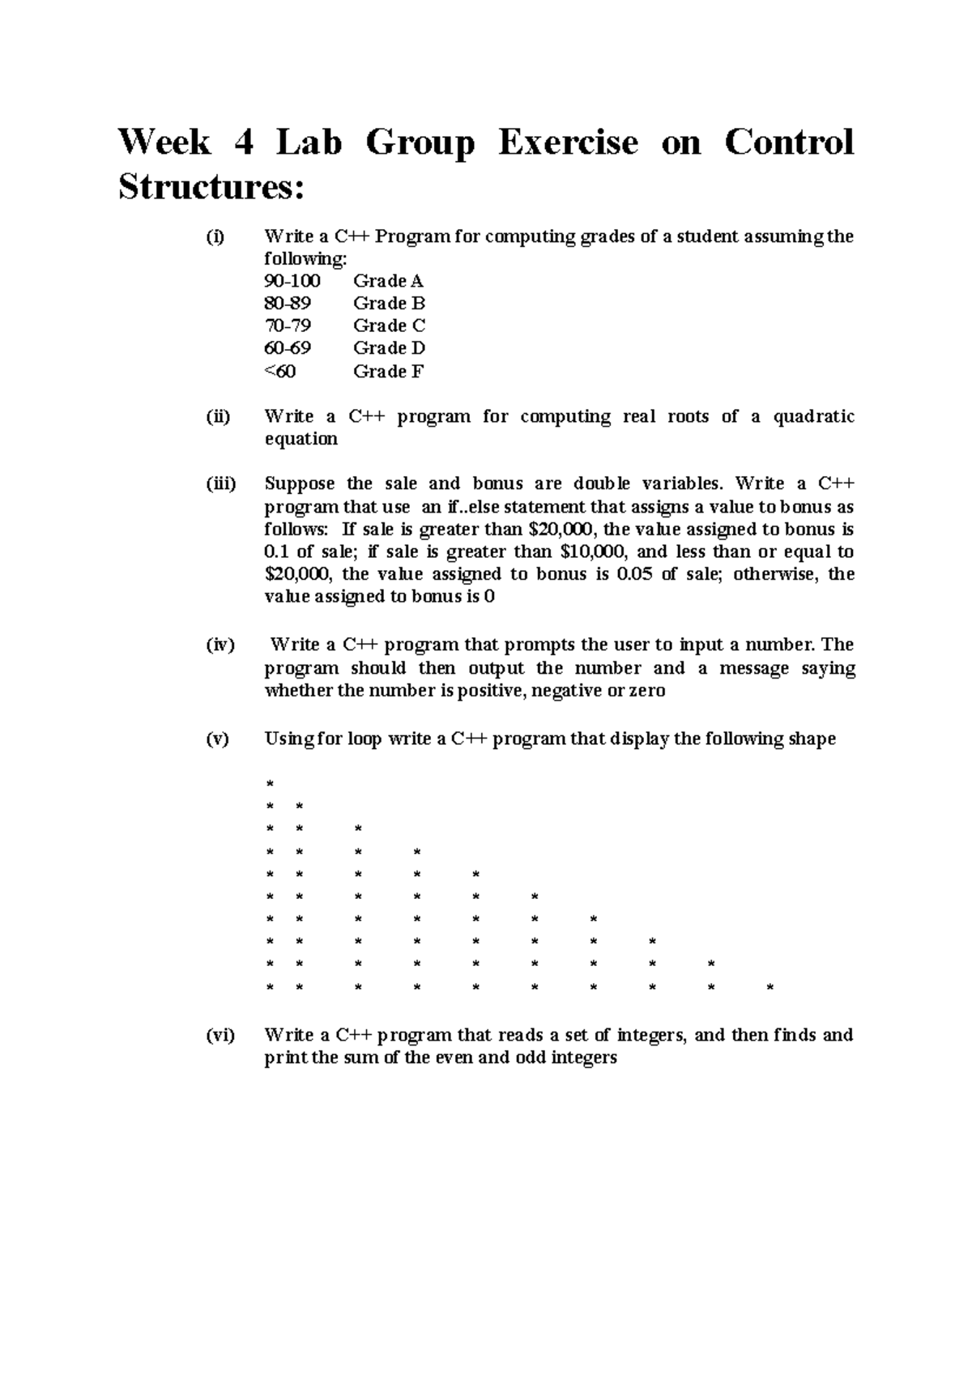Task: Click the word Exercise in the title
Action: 568,143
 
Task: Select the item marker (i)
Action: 215,237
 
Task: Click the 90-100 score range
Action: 292,281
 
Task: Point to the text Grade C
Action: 389,326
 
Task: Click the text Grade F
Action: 389,372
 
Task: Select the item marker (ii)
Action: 217,417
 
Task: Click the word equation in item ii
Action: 301,439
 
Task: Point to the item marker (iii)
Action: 220,484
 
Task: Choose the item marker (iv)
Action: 219,645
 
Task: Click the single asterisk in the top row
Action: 270,784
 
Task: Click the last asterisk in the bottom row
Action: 769,988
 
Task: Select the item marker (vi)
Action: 219,1036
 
